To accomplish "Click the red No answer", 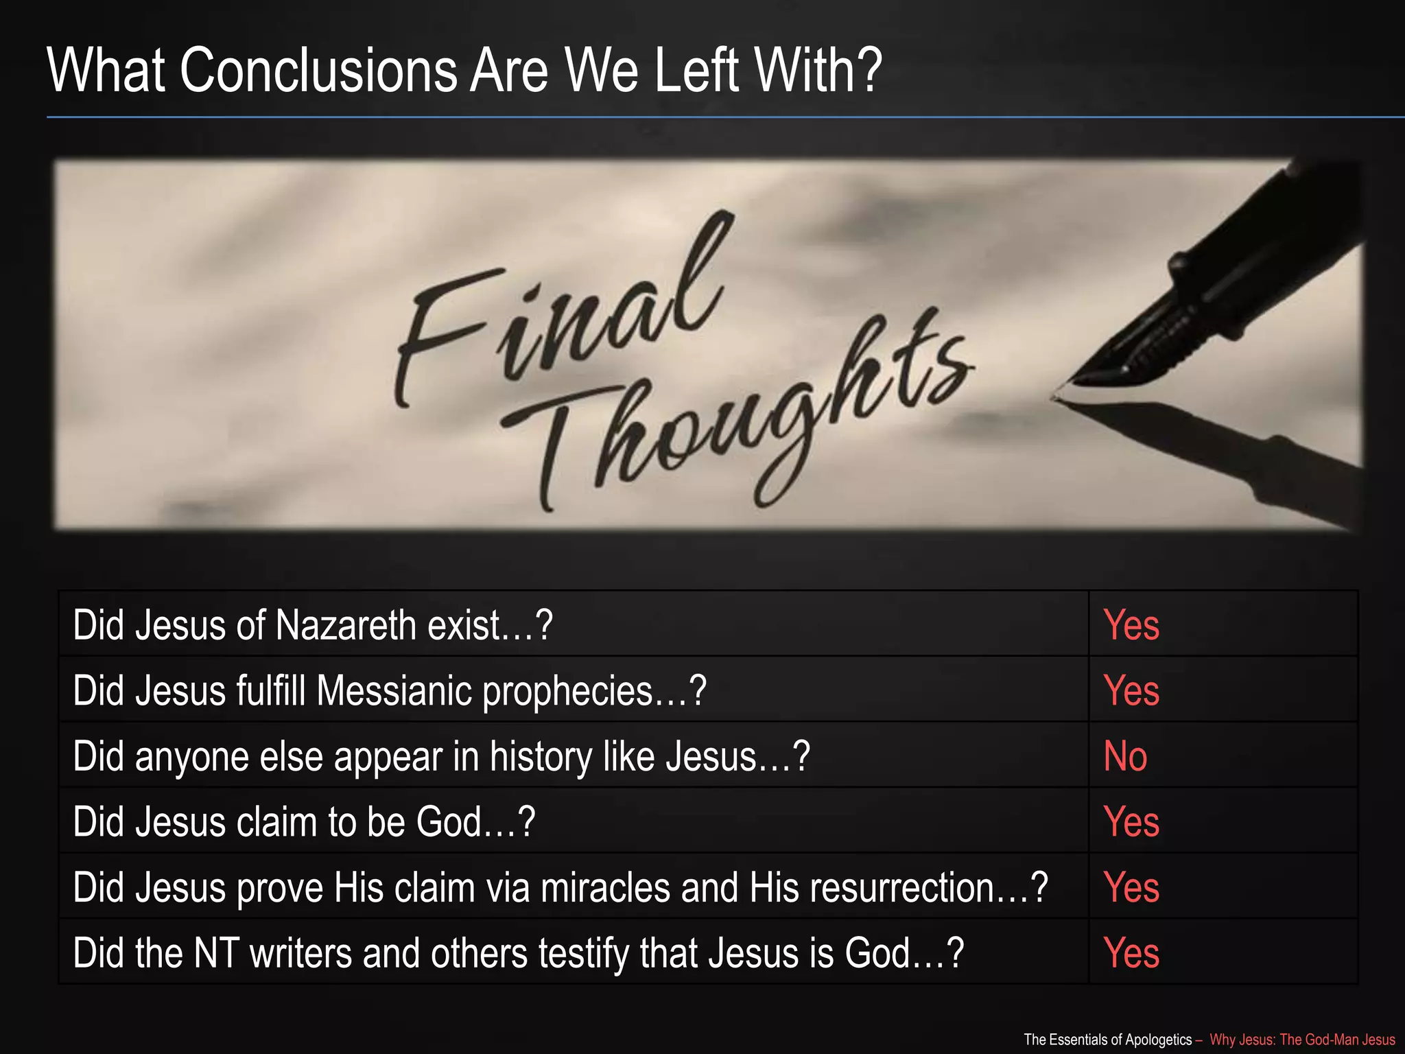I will pos(1125,756).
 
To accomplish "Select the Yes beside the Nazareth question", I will pos(1131,625).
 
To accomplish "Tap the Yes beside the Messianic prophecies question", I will pos(1131,690).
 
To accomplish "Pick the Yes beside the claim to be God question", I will pos(1131,821).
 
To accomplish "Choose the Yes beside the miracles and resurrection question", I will pos(1131,887).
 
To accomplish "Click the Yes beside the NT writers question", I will pos(1131,953).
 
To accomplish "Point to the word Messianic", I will pos(394,690).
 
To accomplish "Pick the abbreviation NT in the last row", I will pos(217,953).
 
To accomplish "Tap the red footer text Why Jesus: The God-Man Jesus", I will pos(1301,1040).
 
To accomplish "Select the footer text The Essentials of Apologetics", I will pos(1107,1040).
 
